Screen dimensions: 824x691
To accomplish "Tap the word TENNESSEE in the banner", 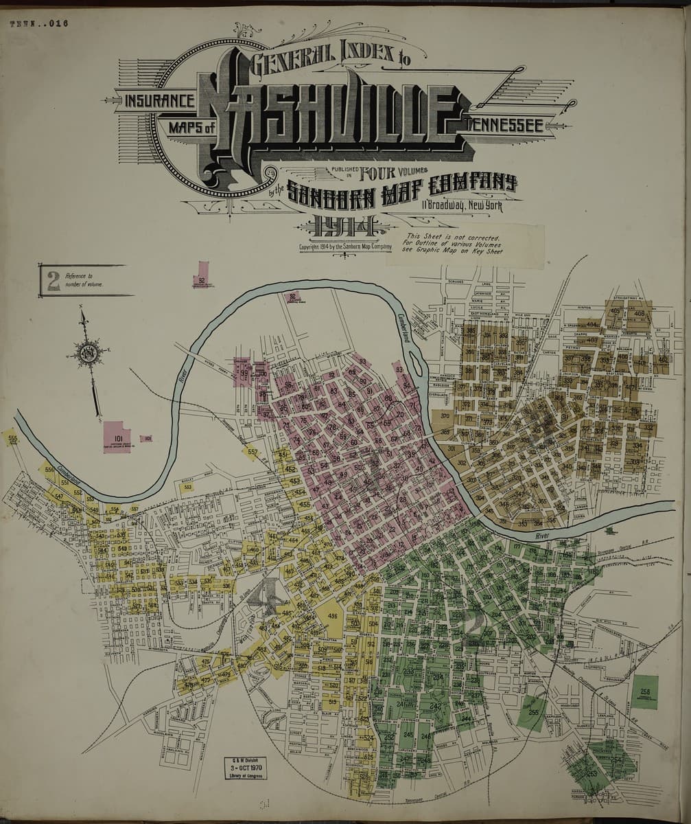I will point(505,125).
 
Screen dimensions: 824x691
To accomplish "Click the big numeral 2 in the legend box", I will point(53,280).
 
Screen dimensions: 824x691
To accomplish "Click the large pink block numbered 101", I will point(117,437).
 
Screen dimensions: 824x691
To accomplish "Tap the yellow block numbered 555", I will point(12,437).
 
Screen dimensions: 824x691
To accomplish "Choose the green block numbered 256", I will point(644,691).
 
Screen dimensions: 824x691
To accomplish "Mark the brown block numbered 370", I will point(445,417).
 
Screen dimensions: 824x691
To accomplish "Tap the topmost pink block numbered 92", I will point(201,275).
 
